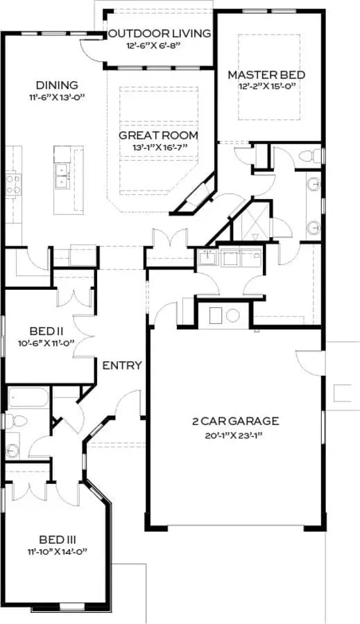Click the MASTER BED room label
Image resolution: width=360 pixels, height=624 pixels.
[x=266, y=75]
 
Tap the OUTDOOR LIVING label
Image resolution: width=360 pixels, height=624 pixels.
[x=160, y=34]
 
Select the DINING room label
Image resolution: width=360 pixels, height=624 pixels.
[x=57, y=85]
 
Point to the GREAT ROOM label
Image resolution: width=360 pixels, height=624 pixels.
[x=158, y=135]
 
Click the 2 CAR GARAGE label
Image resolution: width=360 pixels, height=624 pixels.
[x=235, y=421]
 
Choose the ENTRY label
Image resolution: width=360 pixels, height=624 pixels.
[x=122, y=365]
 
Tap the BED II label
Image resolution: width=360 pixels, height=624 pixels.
[x=47, y=331]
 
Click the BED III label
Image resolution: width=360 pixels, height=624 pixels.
[x=58, y=540]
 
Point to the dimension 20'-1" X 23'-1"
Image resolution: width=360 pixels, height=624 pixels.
[x=235, y=436]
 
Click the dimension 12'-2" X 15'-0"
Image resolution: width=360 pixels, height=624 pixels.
[x=267, y=87]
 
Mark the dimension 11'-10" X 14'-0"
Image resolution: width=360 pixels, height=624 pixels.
[x=58, y=552]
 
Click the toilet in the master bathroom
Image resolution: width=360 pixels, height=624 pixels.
[x=309, y=155]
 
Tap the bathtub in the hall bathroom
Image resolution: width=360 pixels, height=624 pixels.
[x=28, y=397]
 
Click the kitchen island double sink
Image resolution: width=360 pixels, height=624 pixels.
[x=62, y=176]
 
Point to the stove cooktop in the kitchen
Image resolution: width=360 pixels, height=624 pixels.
[x=13, y=184]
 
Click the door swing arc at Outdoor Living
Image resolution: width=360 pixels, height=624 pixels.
[x=91, y=51]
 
